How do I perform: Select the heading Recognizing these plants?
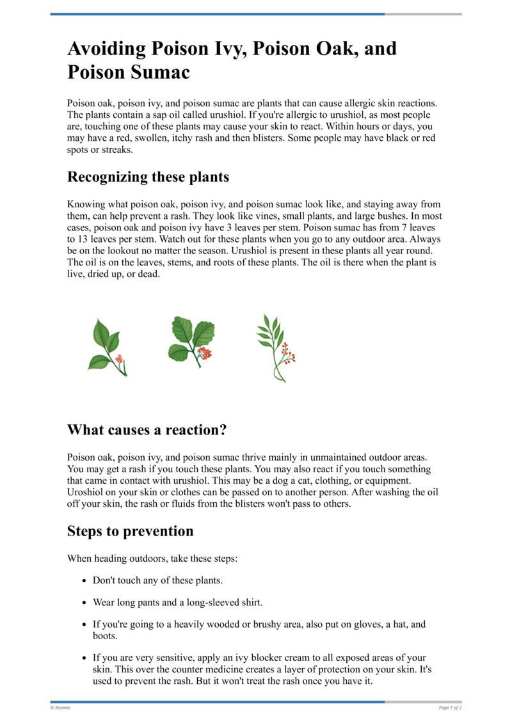[x=148, y=177]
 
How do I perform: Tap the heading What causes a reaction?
[x=147, y=430]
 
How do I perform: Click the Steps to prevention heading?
[x=130, y=531]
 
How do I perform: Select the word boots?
[x=106, y=636]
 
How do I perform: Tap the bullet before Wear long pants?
[x=85, y=603]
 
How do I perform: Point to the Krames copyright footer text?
[x=61, y=708]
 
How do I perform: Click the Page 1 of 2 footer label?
[x=450, y=708]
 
